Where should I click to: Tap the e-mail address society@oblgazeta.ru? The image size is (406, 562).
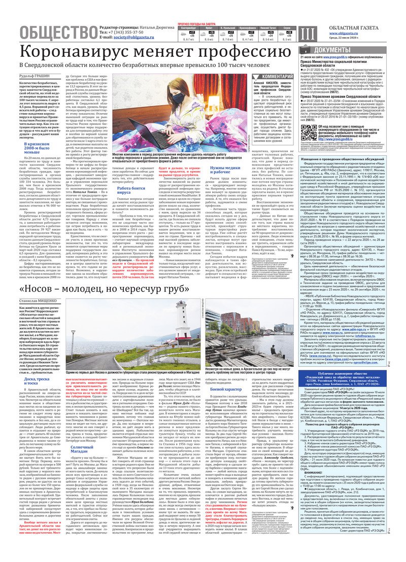[x=129, y=38]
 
